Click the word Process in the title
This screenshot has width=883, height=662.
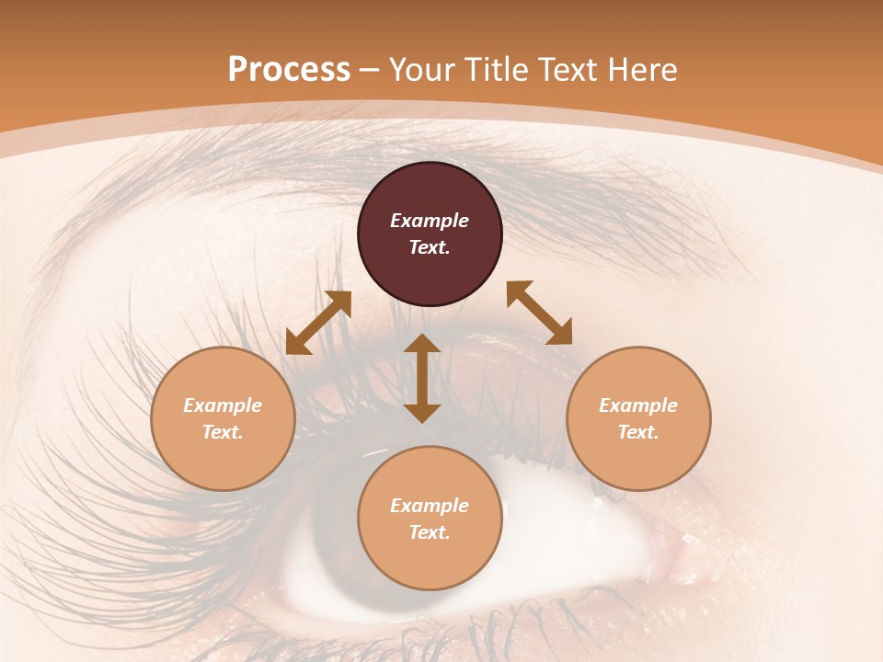[x=289, y=70]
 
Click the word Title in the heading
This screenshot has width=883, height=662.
[x=496, y=70]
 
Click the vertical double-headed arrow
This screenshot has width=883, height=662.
[x=422, y=378]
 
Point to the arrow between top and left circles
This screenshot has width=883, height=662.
[x=318, y=322]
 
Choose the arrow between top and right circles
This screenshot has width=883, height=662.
[x=540, y=313]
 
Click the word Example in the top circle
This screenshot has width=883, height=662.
[x=430, y=221]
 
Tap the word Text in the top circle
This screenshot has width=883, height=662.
[x=430, y=247]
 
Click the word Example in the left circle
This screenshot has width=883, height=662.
[x=223, y=405]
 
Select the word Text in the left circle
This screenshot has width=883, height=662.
[x=223, y=432]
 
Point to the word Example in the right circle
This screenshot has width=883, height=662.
[x=638, y=405]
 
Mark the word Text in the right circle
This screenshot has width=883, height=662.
[x=638, y=432]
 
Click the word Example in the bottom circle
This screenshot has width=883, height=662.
[x=430, y=506]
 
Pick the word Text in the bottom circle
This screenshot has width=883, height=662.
[x=430, y=532]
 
